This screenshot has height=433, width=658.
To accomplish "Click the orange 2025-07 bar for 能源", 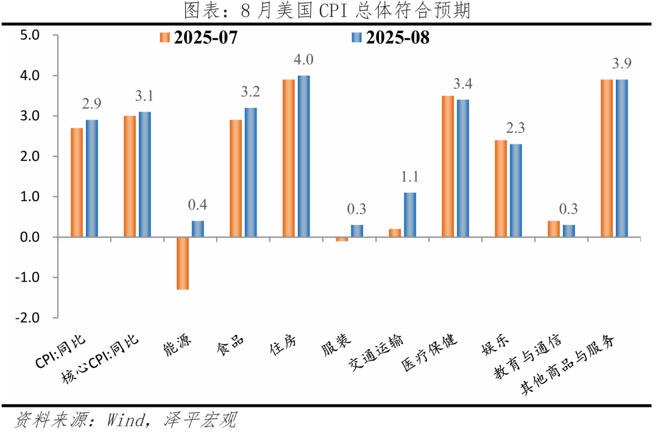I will point(183,263).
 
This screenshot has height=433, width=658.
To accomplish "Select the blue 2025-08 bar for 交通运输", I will point(410,215).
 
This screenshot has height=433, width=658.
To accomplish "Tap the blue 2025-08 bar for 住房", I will point(303,156).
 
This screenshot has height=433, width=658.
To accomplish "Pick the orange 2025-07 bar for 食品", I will point(236,178).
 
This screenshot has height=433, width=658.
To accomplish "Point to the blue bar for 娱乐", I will point(515,190).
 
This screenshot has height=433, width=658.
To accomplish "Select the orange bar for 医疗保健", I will point(448,166).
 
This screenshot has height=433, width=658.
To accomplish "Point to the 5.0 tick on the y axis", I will point(29,35).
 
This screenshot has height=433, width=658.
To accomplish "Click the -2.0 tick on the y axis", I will point(28,318).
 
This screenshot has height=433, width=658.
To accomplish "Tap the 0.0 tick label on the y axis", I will point(29,237).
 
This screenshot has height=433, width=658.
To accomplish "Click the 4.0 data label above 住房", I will point(303,60).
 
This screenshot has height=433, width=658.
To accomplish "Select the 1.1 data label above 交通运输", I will point(410,177).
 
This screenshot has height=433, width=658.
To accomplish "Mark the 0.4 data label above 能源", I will point(198,205).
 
